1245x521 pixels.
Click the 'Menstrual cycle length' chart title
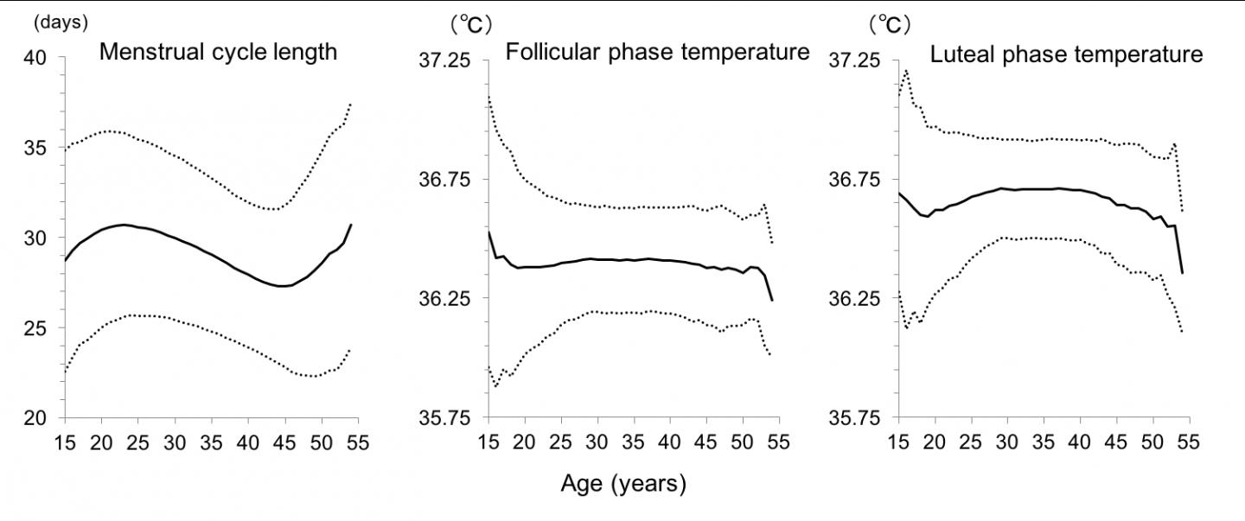[x=218, y=52]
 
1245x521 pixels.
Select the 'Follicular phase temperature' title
[x=657, y=52]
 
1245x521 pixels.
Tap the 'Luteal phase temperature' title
[x=1066, y=54]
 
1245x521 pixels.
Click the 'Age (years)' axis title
[x=622, y=484]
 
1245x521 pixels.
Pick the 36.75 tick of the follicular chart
[x=447, y=180]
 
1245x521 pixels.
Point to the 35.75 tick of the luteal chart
[x=857, y=418]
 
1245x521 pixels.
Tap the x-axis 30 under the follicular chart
[x=597, y=443]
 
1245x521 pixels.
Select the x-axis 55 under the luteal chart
[x=1189, y=443]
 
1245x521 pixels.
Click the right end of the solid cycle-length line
[x=351, y=225]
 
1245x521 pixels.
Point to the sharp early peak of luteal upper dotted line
[x=906, y=71]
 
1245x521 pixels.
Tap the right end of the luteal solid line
[x=1182, y=273]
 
